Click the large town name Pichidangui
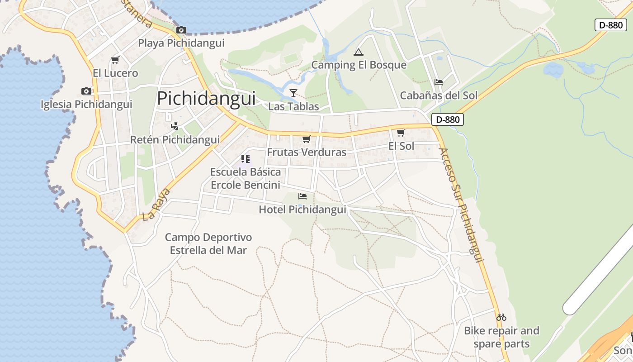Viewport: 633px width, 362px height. [x=206, y=99]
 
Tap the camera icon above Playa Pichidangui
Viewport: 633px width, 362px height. [x=181, y=30]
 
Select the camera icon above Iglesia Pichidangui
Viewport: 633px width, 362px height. [x=86, y=91]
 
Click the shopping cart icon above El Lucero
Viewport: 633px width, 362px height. [x=115, y=60]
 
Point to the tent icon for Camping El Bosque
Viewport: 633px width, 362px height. [x=359, y=52]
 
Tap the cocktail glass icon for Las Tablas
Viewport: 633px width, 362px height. [x=293, y=93]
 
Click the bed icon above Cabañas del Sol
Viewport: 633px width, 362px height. [x=438, y=82]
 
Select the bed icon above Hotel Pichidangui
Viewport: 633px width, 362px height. [x=302, y=196]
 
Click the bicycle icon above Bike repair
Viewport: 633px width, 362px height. [x=501, y=317]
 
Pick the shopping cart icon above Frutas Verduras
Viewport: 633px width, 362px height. [x=307, y=139]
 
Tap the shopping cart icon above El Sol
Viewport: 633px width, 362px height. [x=401, y=133]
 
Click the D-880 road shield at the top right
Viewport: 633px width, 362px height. [x=610, y=25]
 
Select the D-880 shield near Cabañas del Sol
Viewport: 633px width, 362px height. [x=448, y=119]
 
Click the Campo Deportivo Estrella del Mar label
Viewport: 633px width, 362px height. [x=208, y=243]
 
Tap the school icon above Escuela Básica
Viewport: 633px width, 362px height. [x=245, y=158]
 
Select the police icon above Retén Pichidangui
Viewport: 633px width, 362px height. [x=175, y=126]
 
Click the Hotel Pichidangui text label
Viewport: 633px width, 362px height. [x=302, y=210]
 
